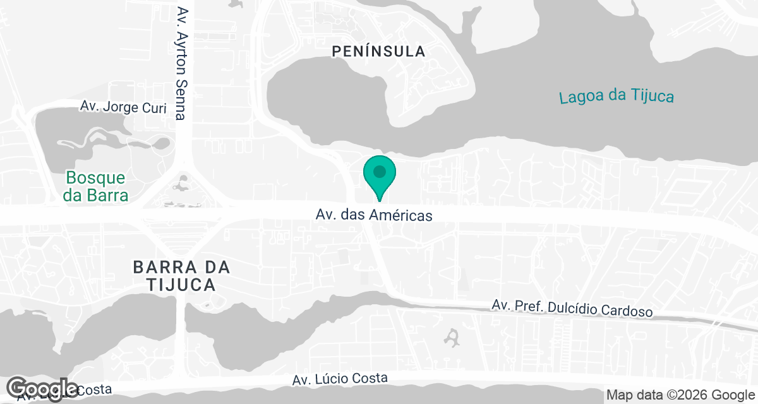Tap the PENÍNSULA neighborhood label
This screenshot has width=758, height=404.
point(379,52)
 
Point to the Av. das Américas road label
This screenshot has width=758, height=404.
point(374,215)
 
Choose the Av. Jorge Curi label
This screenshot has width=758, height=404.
point(123,107)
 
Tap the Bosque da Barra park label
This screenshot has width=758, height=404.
point(96,186)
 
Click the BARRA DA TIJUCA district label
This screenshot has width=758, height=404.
point(182,276)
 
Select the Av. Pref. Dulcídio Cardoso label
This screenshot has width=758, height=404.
point(572,309)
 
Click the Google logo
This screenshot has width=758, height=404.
point(42,388)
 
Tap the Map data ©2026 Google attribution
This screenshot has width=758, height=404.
point(680,395)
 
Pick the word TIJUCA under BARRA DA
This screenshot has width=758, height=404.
point(182,285)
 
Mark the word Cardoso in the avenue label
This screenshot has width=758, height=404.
point(627,311)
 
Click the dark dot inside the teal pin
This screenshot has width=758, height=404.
point(380,171)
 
